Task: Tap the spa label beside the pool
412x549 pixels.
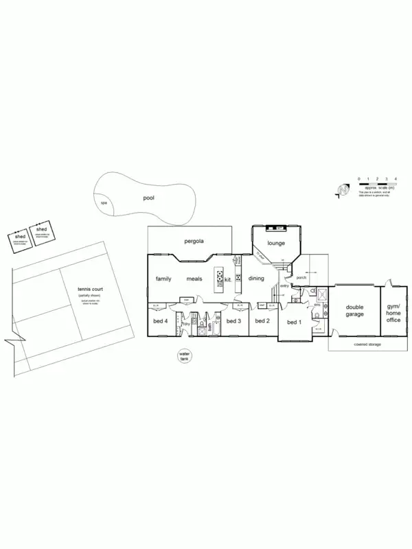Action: pos(104,203)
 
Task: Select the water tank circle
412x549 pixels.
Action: pos(183,355)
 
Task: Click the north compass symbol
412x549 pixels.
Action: pos(343,190)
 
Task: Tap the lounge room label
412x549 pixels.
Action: pos(276,244)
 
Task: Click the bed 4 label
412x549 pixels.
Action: pos(161,321)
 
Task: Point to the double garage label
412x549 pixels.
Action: pos(355,311)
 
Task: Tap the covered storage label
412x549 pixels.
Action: pos(368,344)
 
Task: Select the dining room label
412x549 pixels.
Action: pos(256,279)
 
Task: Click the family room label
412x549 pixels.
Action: pos(163,279)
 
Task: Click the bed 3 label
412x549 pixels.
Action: pos(233,321)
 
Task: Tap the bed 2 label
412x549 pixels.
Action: pos(262,321)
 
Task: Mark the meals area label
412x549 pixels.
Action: pos(194,279)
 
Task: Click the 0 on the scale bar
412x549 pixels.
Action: pos(359,178)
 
